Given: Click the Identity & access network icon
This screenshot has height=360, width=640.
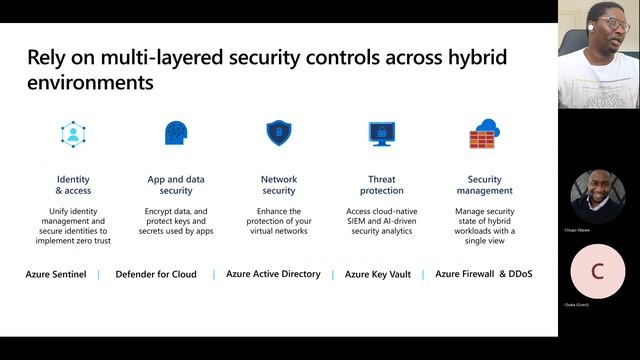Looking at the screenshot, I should pos(73,134).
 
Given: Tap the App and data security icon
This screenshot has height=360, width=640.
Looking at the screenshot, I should pos(176,133).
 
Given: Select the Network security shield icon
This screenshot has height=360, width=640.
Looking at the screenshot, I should pos(278,133).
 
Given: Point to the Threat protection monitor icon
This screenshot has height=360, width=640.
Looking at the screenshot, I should pos(380,133).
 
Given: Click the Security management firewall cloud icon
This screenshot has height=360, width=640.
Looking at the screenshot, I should pos(484,133).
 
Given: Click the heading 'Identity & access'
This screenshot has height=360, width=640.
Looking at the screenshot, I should pos(73,185).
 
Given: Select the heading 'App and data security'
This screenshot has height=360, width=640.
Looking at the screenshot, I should pos(176,185).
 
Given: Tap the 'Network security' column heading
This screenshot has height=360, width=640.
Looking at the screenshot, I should pos(278,185).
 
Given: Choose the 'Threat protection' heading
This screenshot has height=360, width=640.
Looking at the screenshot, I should pos(380,185).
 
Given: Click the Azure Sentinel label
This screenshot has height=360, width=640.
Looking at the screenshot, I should pos(56,274).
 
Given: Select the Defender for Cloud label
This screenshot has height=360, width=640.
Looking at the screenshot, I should pos(156,274).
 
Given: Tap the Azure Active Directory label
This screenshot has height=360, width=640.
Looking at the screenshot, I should pos(273,274).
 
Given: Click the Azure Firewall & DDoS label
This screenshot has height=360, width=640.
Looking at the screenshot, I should pos(483,274).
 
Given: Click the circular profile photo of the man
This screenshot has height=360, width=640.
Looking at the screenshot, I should pos(598,196).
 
